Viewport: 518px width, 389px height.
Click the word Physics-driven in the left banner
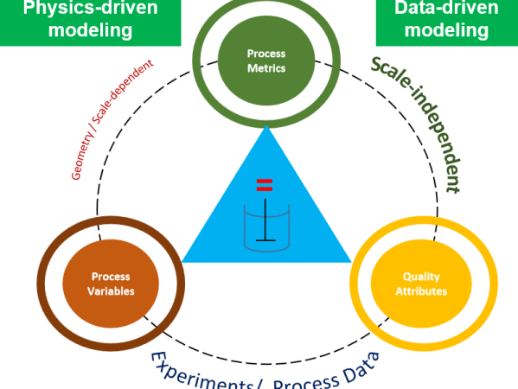(x=90, y=9)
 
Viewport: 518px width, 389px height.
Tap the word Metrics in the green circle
(x=265, y=68)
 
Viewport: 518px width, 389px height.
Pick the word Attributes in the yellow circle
(x=421, y=291)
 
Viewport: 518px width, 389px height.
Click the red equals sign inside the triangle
(x=265, y=184)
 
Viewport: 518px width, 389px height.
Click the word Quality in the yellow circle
(x=421, y=277)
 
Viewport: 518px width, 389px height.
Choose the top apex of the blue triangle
(x=266, y=126)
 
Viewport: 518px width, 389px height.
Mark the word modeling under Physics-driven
(x=90, y=30)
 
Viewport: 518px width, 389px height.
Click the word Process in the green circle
(x=265, y=54)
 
